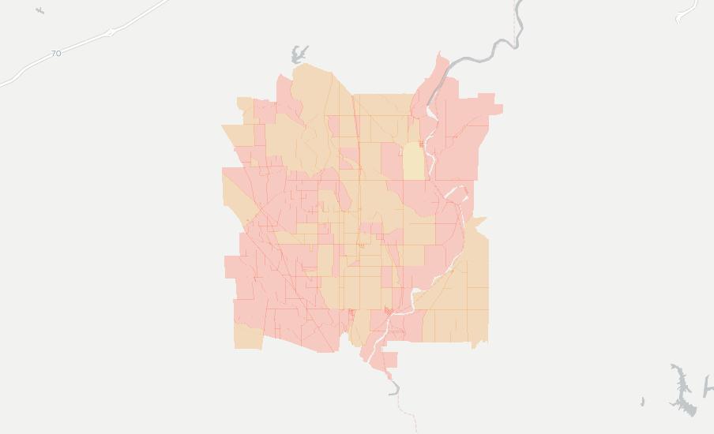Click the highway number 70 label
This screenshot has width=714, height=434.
[x=55, y=54]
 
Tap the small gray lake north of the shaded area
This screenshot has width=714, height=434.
[x=299, y=54]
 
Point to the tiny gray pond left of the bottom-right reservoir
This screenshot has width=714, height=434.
[x=642, y=402]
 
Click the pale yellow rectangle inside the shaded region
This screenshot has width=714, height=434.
[x=413, y=162]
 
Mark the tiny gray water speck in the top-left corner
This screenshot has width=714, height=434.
[x=39, y=10]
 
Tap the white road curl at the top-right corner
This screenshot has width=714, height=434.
[x=688, y=10]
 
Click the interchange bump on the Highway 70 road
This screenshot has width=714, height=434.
[x=112, y=32]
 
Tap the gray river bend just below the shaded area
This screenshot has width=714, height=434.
[x=393, y=387]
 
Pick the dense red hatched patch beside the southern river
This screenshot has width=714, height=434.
[x=387, y=312]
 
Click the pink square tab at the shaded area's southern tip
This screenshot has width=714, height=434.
[x=387, y=361]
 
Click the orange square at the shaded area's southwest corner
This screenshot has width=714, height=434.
[x=248, y=336]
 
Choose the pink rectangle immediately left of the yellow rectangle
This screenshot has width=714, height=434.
[x=392, y=162]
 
